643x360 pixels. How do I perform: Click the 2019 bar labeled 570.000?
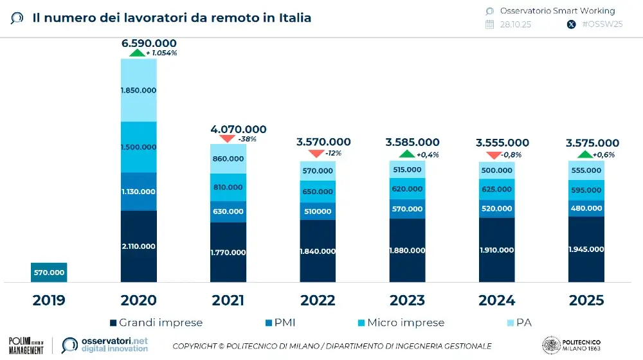coord(49,273)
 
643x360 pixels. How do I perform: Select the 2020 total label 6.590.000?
coord(149,43)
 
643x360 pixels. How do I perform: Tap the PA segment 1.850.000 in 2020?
coord(138,91)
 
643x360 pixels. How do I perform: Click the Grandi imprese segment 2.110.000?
coord(138,246)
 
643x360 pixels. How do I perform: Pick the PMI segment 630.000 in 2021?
coord(228,211)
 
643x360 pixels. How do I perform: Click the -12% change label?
coord(333,154)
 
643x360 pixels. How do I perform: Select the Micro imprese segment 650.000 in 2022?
coord(318,192)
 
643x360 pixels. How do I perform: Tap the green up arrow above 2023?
coord(406,154)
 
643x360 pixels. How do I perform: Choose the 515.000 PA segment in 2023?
coord(406,170)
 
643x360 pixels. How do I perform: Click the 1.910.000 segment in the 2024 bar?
coord(496,249)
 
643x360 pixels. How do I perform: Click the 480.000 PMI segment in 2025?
coord(586,208)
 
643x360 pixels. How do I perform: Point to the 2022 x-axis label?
coord(318,301)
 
